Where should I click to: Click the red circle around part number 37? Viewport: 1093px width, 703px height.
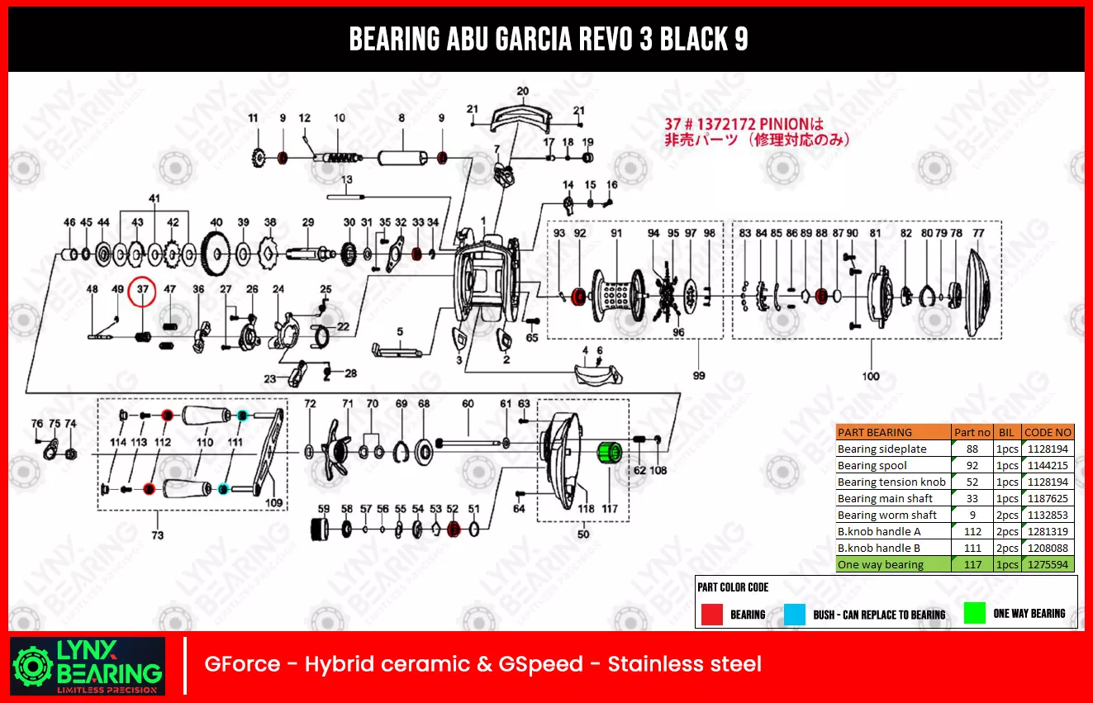[144, 291]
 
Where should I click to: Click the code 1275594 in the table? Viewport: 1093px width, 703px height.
[1048, 565]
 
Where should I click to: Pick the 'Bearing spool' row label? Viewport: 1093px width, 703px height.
[872, 466]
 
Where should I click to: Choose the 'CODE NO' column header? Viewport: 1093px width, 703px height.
[1048, 432]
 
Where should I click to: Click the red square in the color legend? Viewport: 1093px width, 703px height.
[711, 614]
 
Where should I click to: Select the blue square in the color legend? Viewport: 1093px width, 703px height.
[794, 614]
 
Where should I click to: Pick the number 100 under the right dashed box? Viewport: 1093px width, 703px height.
[871, 377]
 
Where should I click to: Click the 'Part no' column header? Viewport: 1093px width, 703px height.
[972, 432]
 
